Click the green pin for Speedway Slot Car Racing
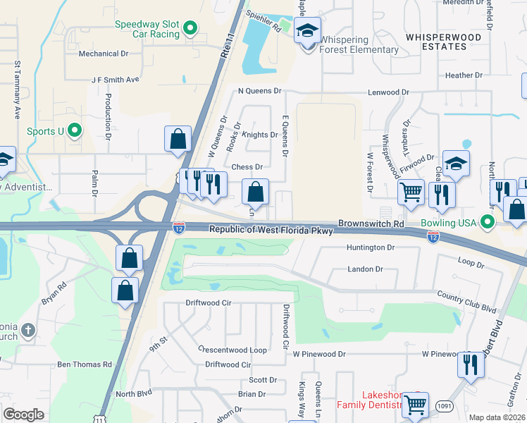pyautogui.click(x=190, y=29)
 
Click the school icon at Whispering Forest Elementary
pyautogui.click(x=307, y=31)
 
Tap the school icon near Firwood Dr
pyautogui.click(x=456, y=164)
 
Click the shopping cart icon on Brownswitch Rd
pyautogui.click(x=411, y=191)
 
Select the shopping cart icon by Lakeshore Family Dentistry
pyautogui.click(x=416, y=405)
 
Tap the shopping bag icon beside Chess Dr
pyautogui.click(x=255, y=192)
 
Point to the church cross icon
pyautogui.click(x=27, y=330)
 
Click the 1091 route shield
pyautogui.click(x=443, y=405)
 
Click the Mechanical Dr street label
pyautogui.click(x=104, y=54)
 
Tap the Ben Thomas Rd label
pyautogui.click(x=84, y=364)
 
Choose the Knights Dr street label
pyautogui.click(x=260, y=135)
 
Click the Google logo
pyautogui.click(x=23, y=414)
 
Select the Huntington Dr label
pyautogui.click(x=371, y=247)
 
